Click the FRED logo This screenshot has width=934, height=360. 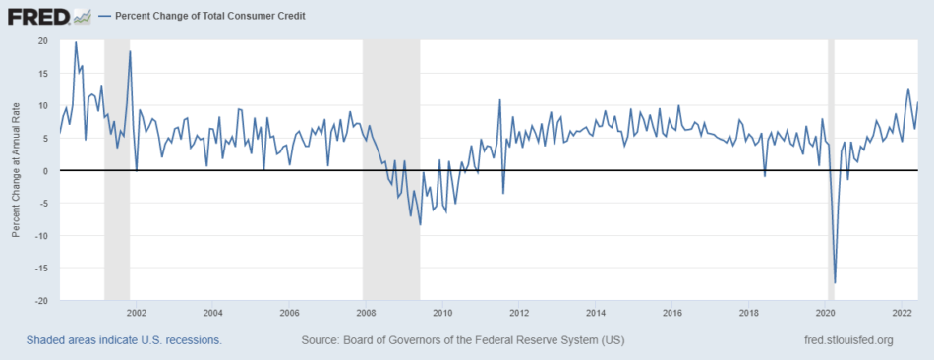[38, 16]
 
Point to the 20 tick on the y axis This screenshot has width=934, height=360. [43, 40]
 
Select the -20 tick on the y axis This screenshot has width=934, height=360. [41, 300]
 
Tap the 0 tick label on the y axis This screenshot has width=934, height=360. [46, 170]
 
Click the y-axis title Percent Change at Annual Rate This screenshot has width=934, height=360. [17, 170]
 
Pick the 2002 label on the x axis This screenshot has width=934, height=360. [137, 313]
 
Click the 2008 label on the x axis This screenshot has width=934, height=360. [366, 313]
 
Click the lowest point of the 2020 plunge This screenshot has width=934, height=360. [836, 282]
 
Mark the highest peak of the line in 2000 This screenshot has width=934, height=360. [76, 42]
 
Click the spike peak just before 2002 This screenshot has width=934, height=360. [130, 51]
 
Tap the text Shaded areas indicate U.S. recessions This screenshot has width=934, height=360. [124, 340]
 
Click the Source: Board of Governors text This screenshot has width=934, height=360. [463, 340]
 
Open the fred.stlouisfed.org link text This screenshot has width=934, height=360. [848, 340]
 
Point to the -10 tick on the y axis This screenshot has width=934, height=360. [41, 235]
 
